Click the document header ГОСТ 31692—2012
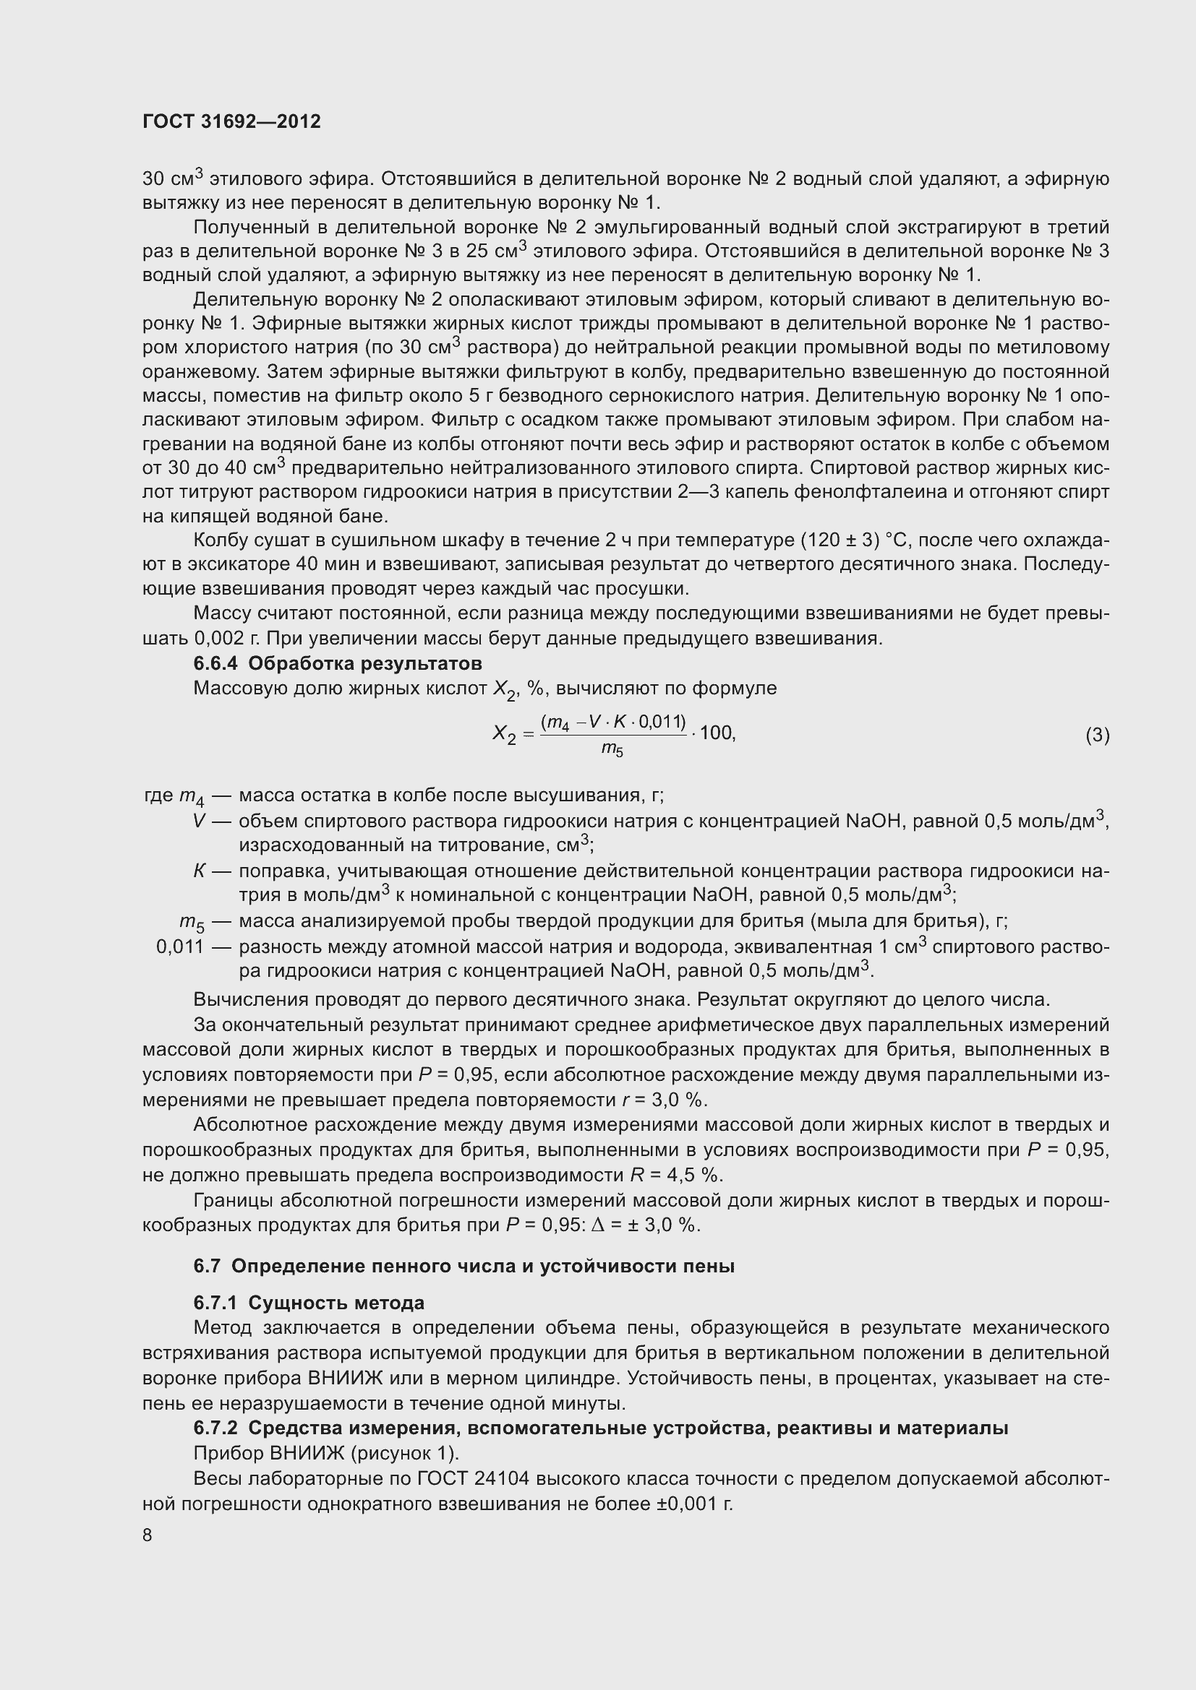click(x=231, y=121)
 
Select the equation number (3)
click(x=1097, y=735)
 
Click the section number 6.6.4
click(x=215, y=663)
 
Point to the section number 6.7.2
click(x=215, y=1428)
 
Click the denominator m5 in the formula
click(x=612, y=749)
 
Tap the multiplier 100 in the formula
click(x=717, y=733)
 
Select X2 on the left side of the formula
click(x=505, y=734)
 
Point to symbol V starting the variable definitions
click(x=198, y=821)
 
